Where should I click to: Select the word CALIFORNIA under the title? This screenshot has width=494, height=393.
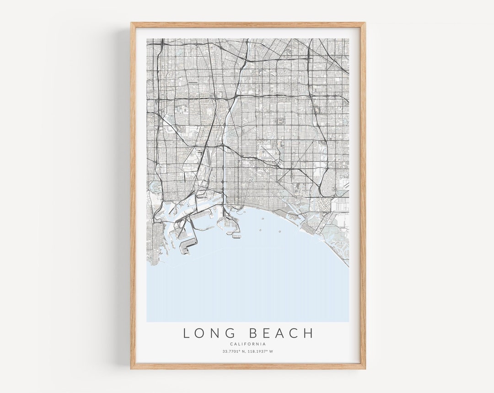[248, 344]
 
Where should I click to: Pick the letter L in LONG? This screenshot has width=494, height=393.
[187, 333]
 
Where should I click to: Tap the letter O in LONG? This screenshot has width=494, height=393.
[201, 333]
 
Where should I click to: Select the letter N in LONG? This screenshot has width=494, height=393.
[218, 333]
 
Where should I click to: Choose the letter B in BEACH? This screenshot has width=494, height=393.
[254, 333]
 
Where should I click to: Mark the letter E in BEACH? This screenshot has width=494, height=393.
[267, 333]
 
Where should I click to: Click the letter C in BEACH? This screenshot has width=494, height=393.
[295, 333]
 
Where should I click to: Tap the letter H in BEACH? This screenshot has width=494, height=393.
[310, 333]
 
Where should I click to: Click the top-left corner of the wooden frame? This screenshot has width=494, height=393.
[131, 23]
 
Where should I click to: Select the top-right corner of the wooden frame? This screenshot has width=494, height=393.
[365, 23]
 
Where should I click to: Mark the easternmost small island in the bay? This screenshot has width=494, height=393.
[279, 231]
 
